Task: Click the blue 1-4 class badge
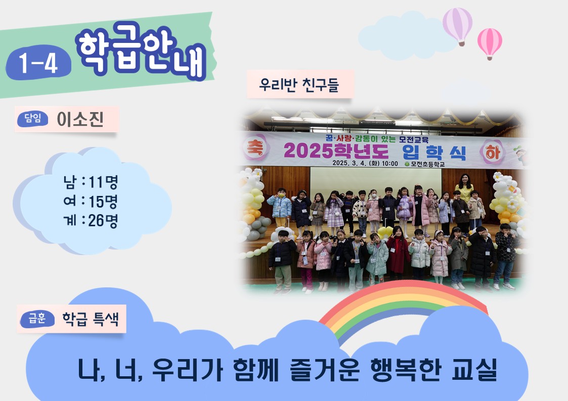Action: [38, 63]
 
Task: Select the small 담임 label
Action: [32, 119]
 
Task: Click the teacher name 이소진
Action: [80, 119]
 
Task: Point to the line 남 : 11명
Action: [91, 182]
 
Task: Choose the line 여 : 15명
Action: [91, 201]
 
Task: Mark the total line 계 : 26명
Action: [91, 220]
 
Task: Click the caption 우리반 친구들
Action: [299, 85]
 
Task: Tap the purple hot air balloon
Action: [458, 26]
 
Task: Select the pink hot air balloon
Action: [490, 43]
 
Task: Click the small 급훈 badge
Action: [37, 319]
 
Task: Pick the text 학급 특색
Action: [91, 319]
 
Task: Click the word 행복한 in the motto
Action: [406, 370]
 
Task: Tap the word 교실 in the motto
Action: [474, 370]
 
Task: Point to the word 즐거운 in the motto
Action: [325, 370]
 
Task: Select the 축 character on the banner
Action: [256, 148]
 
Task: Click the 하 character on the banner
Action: [493, 152]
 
